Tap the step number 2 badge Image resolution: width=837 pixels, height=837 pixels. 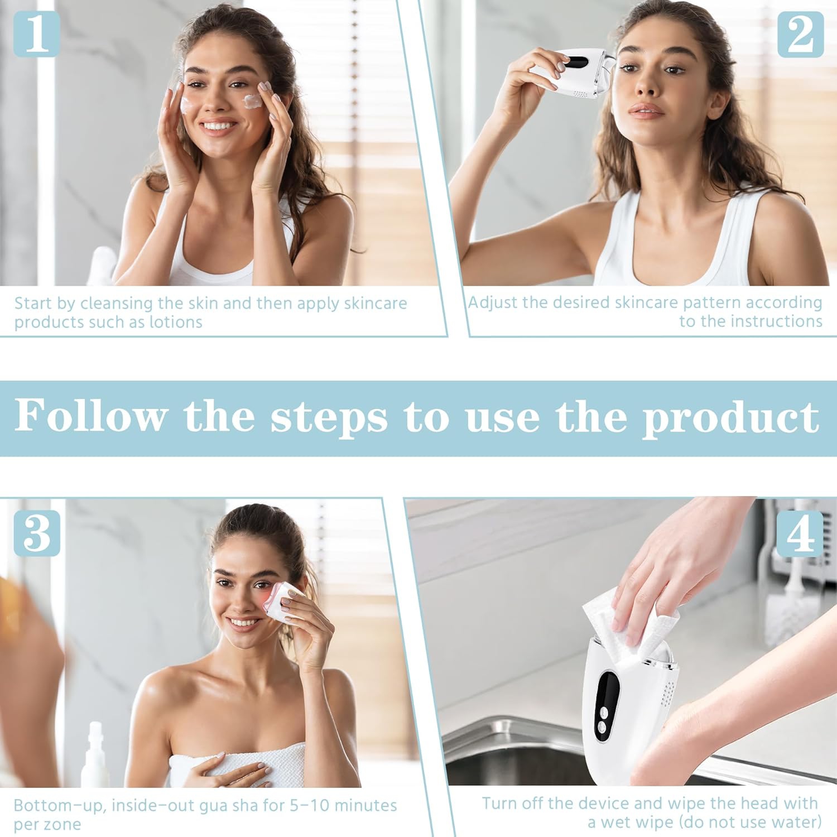pos(800,35)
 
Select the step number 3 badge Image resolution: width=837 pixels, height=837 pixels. pos(37,533)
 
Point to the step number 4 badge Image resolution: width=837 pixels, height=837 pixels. pos(800,533)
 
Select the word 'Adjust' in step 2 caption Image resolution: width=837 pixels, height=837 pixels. pos(492,302)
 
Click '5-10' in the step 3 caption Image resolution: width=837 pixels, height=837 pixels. pos(306,805)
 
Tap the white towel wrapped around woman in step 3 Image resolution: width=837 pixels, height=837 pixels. pos(240,767)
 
